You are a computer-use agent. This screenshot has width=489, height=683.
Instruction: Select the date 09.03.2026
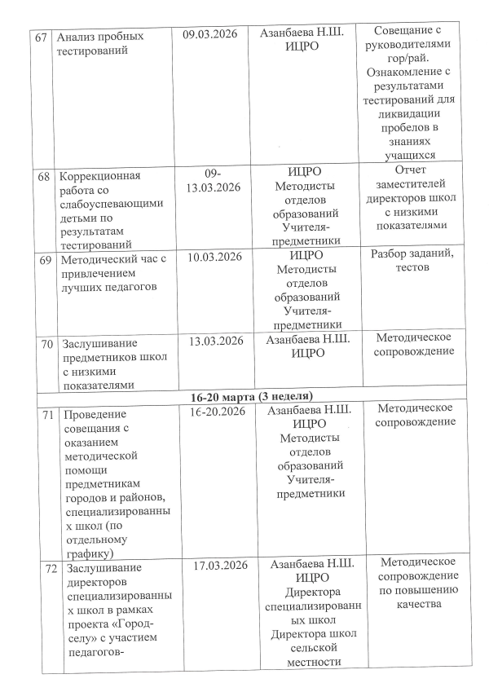(214, 37)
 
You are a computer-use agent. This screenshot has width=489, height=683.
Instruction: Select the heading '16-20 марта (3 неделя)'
(249, 396)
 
